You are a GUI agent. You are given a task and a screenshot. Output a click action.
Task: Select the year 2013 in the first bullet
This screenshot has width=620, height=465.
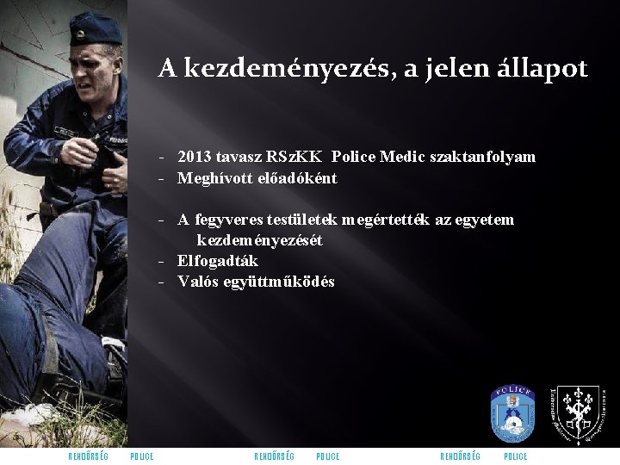[x=194, y=157]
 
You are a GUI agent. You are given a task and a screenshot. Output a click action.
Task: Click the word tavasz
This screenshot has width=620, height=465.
[x=238, y=157]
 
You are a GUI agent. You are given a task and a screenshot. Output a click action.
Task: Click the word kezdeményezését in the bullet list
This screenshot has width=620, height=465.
[x=259, y=240]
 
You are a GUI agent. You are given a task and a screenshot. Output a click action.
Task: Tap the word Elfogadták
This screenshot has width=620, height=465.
[x=217, y=261]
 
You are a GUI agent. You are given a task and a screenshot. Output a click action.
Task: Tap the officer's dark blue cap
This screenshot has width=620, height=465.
[x=95, y=29]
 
